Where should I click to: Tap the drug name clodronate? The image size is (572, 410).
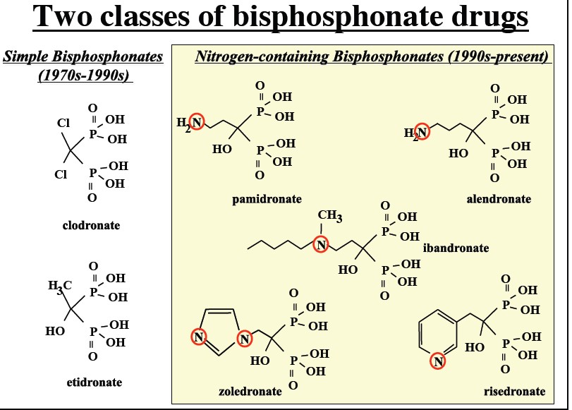91,226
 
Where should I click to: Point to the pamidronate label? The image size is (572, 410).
267,199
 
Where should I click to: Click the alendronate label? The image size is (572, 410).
499,199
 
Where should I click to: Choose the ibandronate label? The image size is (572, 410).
456,248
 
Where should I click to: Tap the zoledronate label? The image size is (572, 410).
250,390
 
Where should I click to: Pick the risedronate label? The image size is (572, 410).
514,391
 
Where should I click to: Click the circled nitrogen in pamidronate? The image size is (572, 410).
197,123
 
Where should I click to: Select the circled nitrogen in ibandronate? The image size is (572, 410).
322,245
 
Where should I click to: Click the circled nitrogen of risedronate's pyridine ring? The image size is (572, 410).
438,362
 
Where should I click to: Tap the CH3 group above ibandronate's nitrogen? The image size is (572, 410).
329,216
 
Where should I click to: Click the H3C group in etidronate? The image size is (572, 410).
60,286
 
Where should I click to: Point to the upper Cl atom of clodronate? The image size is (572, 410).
63,123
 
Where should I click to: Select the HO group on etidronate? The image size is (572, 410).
54,330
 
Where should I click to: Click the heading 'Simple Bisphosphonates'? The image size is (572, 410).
83,56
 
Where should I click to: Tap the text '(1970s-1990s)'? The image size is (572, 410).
85,74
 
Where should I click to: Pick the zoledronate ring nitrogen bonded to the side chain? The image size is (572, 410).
245,338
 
